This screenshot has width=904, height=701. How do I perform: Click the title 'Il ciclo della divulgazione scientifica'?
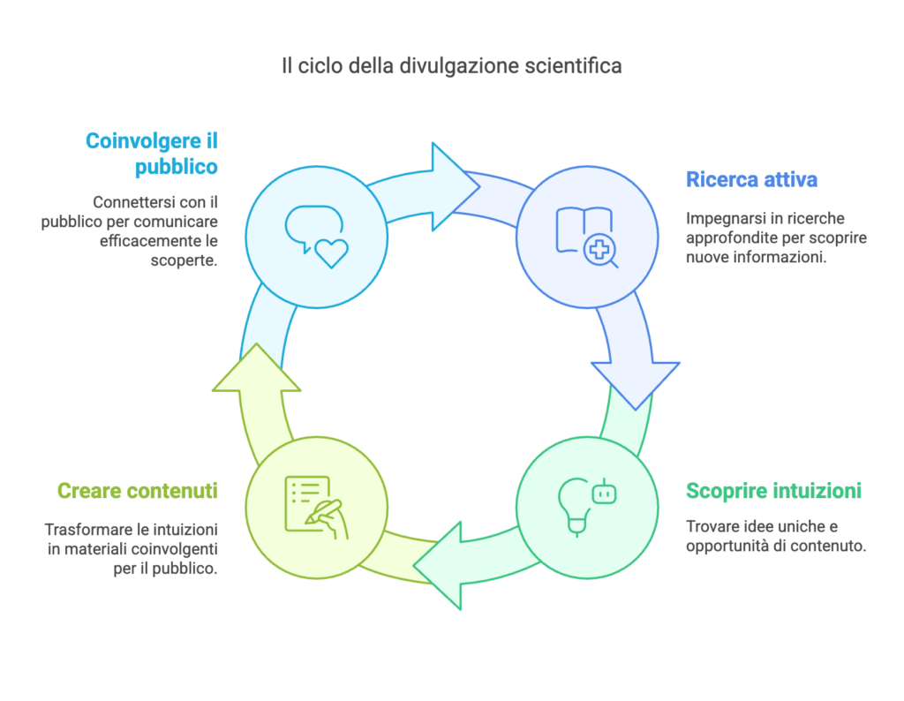(451, 65)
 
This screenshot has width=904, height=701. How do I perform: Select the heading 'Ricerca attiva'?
(751, 180)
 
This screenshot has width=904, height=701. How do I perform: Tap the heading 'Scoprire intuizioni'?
(773, 491)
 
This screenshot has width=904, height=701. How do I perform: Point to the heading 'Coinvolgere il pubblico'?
(151, 153)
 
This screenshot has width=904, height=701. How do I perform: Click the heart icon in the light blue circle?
(332, 253)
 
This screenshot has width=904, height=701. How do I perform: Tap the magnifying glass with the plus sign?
(601, 251)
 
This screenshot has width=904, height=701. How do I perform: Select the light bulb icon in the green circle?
(573, 507)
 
